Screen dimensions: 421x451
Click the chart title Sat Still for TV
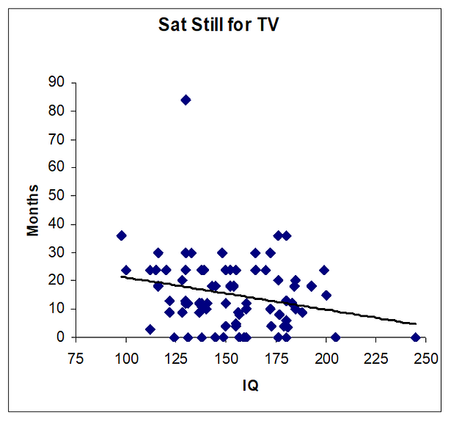click(219, 24)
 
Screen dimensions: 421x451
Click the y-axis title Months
click(33, 210)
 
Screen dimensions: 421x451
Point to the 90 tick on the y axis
click(56, 82)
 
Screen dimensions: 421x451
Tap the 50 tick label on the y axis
click(56, 196)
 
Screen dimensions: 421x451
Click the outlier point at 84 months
click(186, 100)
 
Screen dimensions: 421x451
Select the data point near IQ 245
click(416, 337)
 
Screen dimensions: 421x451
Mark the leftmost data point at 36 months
click(121, 235)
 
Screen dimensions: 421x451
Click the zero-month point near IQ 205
click(335, 337)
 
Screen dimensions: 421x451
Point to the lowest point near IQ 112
click(150, 329)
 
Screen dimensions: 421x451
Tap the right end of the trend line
click(416, 323)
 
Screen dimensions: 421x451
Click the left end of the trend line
click(121, 277)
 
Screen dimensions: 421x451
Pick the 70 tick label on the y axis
click(56, 139)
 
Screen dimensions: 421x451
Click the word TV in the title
click(266, 24)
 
